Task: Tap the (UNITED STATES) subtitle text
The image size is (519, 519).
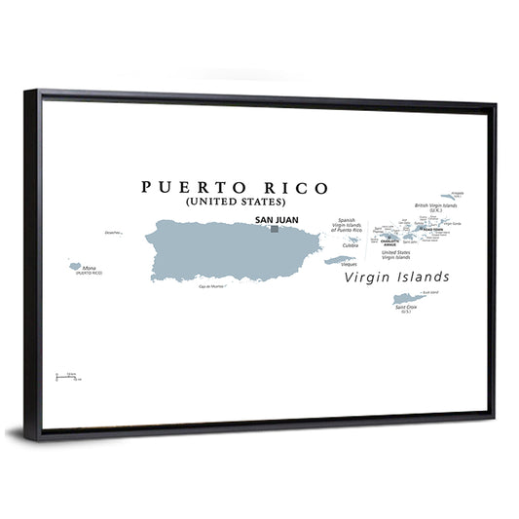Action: [235, 203]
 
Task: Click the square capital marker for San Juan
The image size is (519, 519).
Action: [275, 229]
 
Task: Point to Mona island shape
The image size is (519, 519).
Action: [73, 265]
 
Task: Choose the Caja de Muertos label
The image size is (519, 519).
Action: [211, 286]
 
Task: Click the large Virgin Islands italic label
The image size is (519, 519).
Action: [396, 277]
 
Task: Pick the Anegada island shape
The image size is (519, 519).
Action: [449, 196]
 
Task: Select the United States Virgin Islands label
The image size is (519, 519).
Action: [395, 255]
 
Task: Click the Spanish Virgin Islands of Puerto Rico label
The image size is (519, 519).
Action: [347, 225]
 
